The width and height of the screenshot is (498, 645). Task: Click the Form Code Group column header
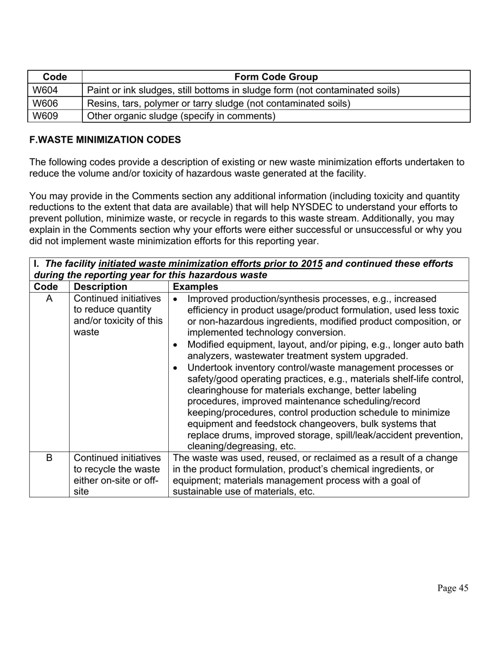click(276, 77)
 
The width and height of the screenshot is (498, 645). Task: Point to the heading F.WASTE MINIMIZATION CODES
click(105, 139)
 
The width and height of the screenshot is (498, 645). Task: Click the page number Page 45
click(453, 588)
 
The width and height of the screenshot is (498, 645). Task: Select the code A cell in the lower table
click(49, 299)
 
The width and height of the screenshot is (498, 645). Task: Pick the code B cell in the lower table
click(49, 458)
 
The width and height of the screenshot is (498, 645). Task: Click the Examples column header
click(196, 287)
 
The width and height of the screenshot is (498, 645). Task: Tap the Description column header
click(100, 287)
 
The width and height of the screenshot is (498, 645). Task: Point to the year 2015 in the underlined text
click(311, 264)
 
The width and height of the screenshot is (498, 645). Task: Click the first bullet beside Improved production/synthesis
click(175, 299)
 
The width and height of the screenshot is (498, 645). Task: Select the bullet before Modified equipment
click(175, 345)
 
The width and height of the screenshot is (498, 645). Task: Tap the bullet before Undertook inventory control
click(175, 368)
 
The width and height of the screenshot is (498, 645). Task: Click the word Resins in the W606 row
click(101, 103)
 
